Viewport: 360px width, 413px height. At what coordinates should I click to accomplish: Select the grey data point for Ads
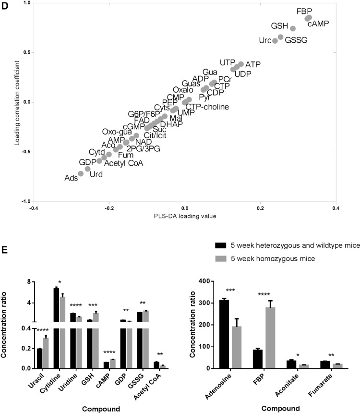[x=81, y=173]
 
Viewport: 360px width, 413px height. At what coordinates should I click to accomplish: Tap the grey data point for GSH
[x=293, y=28]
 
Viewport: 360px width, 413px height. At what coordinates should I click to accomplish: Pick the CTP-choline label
[x=207, y=106]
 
